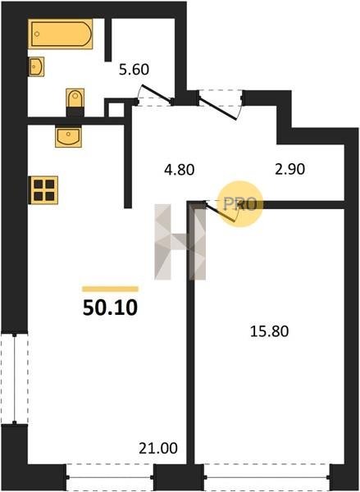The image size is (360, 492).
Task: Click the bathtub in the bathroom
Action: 60,34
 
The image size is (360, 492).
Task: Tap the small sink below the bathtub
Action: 36,66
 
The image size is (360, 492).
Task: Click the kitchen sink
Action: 68,136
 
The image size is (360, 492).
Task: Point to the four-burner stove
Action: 43,190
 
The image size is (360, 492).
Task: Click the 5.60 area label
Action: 134,70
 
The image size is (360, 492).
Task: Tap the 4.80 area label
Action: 180,170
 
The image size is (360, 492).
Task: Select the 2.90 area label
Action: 290,169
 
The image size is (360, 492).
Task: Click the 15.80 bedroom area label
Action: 269,331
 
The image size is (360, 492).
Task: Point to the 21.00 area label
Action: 158,449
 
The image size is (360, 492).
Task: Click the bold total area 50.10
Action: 110,307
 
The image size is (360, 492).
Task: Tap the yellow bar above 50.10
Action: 110,289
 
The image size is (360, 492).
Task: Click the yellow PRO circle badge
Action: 239,204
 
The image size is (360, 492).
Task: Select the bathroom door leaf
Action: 157,93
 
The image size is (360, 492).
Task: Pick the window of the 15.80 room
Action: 267,477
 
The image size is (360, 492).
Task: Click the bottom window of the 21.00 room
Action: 110,477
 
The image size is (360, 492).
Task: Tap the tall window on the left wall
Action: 15,379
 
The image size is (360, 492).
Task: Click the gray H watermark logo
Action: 180,242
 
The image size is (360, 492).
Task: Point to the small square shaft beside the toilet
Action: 116,109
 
